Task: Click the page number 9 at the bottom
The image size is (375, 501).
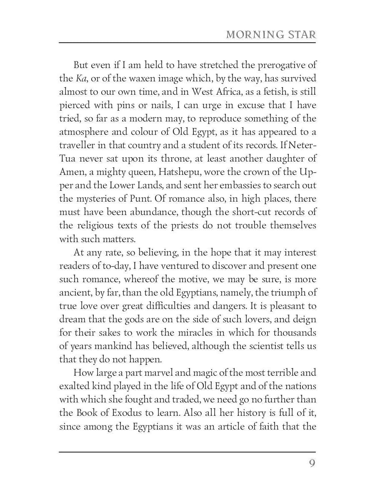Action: click(312, 464)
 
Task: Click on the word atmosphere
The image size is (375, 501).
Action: click(86, 132)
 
